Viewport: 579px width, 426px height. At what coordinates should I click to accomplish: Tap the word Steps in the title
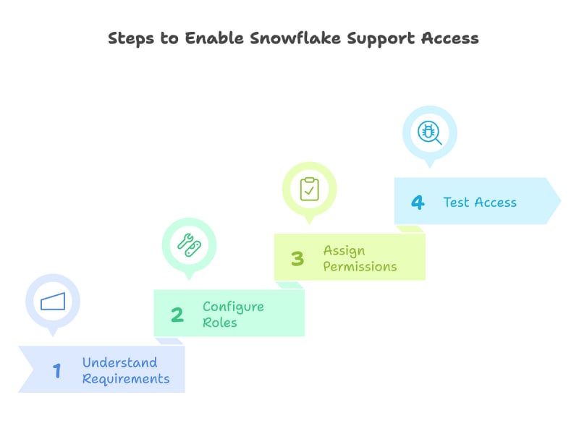tap(132, 38)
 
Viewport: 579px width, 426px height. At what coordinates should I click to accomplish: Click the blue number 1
tap(56, 371)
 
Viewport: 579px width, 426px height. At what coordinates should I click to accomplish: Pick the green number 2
tap(177, 315)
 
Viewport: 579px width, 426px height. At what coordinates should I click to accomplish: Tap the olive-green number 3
tap(297, 259)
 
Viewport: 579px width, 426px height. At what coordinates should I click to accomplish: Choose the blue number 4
tap(418, 203)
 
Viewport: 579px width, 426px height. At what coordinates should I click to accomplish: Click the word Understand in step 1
tap(119, 362)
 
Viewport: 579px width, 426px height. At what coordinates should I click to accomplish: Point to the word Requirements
tap(126, 379)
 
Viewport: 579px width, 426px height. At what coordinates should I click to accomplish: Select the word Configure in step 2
tap(233, 307)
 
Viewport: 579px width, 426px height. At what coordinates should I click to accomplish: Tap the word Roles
tap(219, 323)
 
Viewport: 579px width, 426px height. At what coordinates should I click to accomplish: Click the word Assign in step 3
tap(344, 250)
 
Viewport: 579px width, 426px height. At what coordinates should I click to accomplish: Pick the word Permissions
tap(360, 267)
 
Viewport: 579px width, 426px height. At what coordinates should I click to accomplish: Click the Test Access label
tap(480, 203)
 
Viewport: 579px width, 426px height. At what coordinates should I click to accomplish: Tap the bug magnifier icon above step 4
tap(429, 133)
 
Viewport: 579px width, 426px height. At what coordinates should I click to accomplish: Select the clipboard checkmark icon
tap(309, 189)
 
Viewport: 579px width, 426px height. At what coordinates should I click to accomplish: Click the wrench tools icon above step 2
tap(189, 244)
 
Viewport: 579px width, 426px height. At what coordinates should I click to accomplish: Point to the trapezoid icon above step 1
tap(53, 302)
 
